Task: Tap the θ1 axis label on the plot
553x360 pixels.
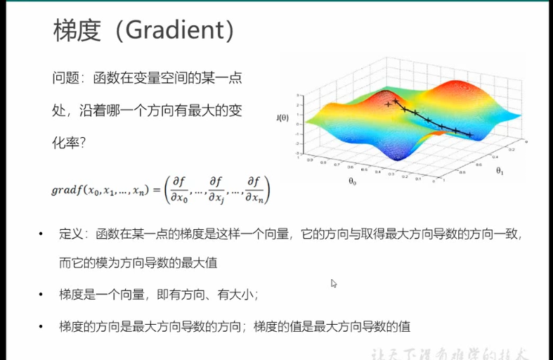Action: tap(500, 170)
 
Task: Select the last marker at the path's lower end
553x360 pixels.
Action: tap(469, 134)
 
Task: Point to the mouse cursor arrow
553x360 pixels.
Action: tap(334, 283)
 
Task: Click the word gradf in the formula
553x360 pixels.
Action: tap(67, 190)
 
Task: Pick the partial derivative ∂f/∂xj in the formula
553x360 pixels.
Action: tap(215, 189)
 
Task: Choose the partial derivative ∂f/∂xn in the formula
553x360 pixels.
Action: tap(254, 189)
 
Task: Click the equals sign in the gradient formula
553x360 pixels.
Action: tap(155, 190)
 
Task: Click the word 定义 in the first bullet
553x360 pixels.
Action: tap(71, 233)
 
